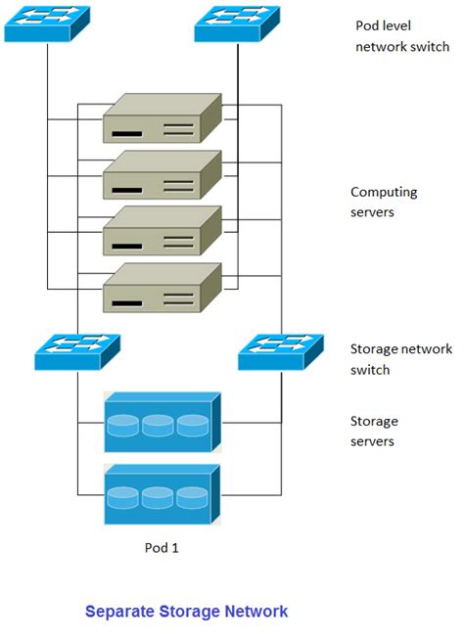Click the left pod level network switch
47,23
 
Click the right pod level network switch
237,23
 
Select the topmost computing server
162,118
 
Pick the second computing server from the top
162,174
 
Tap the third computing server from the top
162,231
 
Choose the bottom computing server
162,288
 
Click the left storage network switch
77,352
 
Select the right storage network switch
281,352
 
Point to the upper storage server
162,422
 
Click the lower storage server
162,494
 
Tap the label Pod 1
162,548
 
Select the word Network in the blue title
256,612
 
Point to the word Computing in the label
384,193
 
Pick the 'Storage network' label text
401,349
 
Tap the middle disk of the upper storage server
158,426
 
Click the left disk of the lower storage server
123,498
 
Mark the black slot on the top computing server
127,134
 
